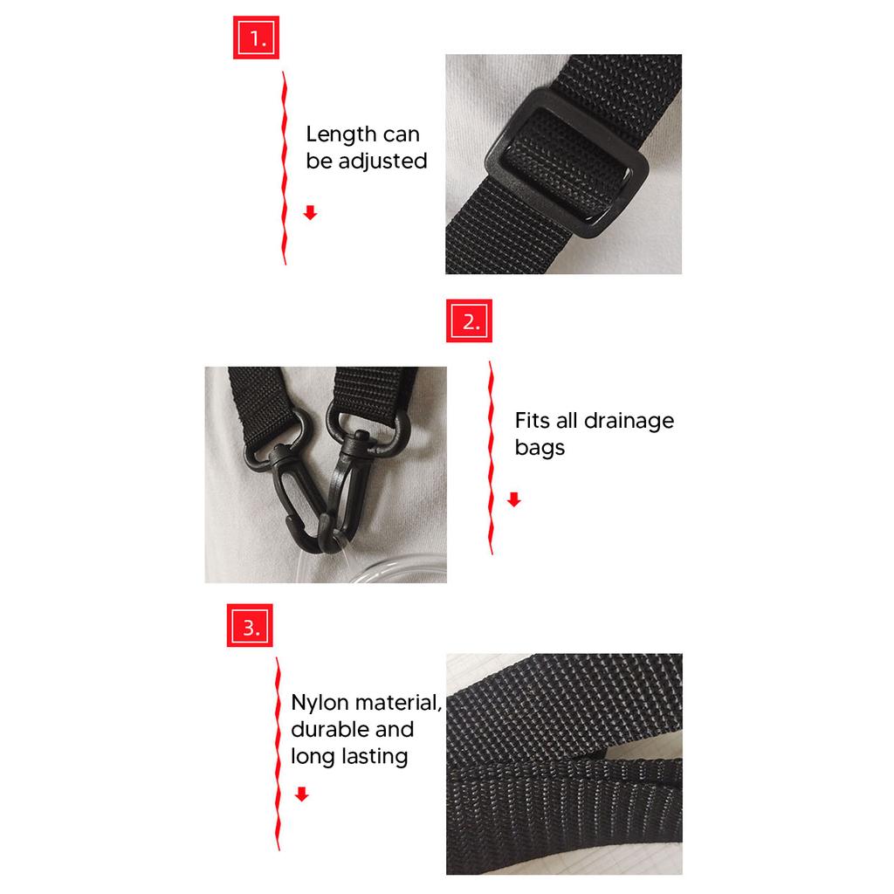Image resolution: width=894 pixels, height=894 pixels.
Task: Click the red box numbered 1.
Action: click(x=255, y=38)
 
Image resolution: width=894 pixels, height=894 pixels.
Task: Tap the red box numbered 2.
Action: click(x=470, y=321)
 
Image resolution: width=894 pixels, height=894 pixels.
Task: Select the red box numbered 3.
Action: click(x=251, y=626)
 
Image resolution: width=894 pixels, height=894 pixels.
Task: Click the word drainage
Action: click(x=629, y=421)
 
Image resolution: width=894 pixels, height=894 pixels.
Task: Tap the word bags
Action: click(x=540, y=449)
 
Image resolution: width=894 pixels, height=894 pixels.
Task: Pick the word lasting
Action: click(x=375, y=757)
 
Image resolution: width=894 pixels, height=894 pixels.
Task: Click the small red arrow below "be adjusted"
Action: click(x=310, y=213)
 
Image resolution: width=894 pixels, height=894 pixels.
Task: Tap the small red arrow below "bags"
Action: click(x=513, y=499)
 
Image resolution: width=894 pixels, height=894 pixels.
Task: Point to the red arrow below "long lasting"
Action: click(x=301, y=794)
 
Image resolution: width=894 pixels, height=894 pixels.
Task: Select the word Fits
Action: click(x=533, y=421)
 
